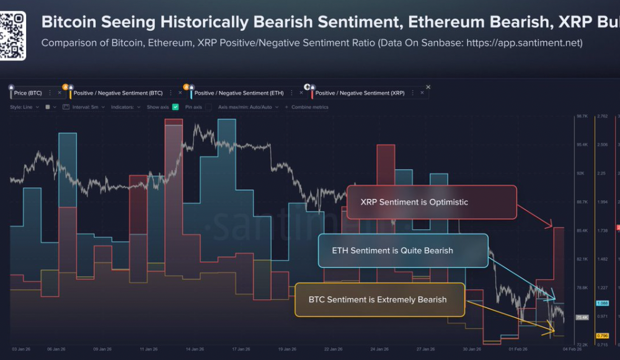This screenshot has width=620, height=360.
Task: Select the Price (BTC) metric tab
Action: pyautogui.click(x=28, y=93)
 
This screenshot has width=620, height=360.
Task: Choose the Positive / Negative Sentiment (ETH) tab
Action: pyautogui.click(x=239, y=93)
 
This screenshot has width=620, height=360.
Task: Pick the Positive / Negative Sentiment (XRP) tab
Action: pyautogui.click(x=360, y=93)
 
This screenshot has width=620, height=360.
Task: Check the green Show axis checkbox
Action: pyautogui.click(x=175, y=107)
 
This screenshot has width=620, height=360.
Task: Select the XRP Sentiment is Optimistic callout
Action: pyautogui.click(x=431, y=202)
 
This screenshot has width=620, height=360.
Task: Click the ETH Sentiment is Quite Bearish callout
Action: pyautogui.click(x=403, y=250)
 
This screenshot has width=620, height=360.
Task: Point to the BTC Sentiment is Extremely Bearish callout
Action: pyautogui.click(x=379, y=299)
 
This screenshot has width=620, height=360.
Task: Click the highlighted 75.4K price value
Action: pyautogui.click(x=582, y=317)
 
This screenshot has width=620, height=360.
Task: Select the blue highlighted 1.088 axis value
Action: pyautogui.click(x=601, y=303)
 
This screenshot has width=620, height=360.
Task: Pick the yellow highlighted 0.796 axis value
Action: pyautogui.click(x=601, y=335)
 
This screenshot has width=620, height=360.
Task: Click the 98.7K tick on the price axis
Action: pyautogui.click(x=582, y=116)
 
